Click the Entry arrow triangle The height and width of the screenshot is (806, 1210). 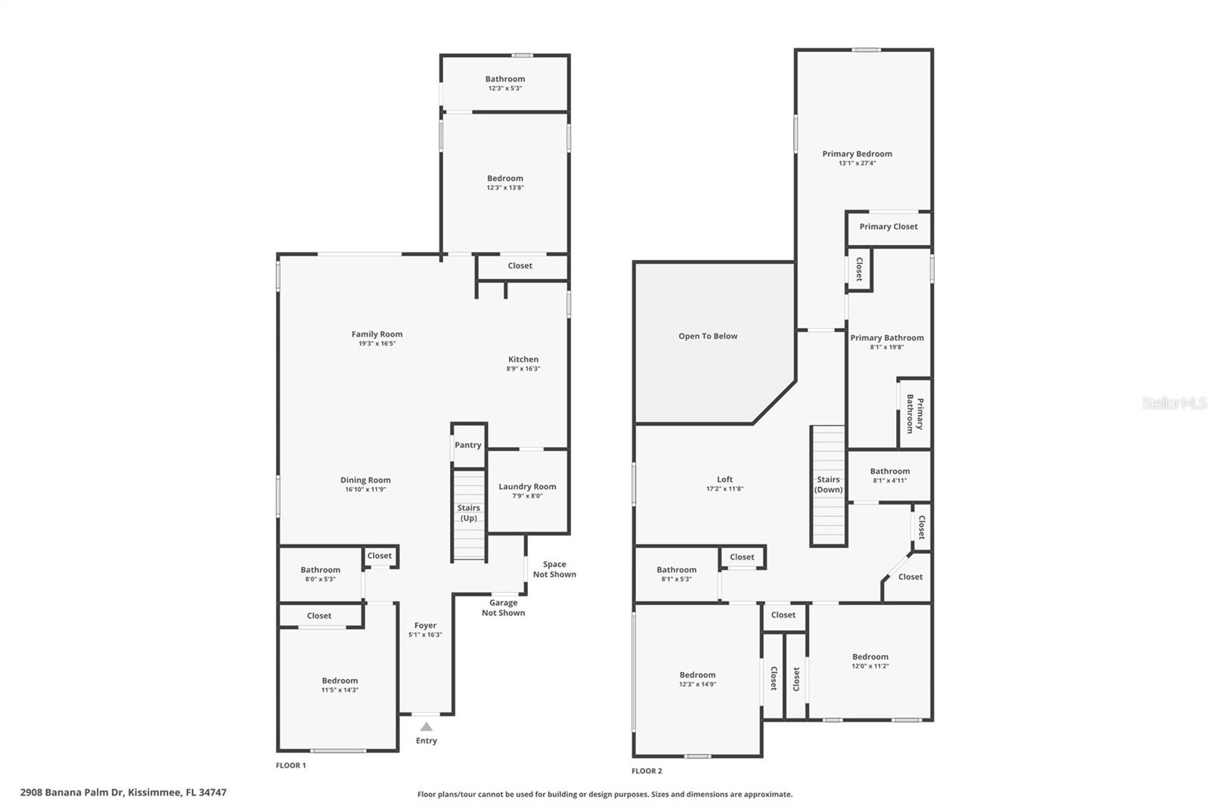(x=427, y=727)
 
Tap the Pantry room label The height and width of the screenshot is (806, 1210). (x=468, y=445)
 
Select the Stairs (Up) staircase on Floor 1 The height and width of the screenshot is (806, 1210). (x=469, y=515)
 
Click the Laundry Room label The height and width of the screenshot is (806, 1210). (x=527, y=487)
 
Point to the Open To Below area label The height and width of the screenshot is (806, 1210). (x=708, y=336)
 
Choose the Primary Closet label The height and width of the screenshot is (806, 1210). (x=889, y=227)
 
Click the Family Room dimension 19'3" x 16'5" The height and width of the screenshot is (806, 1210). (x=377, y=344)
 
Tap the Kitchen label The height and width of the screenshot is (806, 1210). (x=523, y=360)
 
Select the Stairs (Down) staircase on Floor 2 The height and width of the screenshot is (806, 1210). (x=828, y=485)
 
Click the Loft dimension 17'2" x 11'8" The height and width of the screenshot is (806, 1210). (x=724, y=489)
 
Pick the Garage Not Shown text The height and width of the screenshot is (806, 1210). (x=503, y=608)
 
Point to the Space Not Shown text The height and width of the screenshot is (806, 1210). (x=554, y=569)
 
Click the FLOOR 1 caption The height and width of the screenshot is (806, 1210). (x=291, y=766)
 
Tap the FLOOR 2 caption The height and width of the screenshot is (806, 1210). (x=647, y=771)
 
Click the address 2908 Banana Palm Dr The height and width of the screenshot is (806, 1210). (x=123, y=793)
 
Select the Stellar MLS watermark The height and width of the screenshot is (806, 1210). (x=1174, y=404)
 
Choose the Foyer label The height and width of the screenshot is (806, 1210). (x=425, y=626)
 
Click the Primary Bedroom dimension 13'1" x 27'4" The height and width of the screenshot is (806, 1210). (x=857, y=163)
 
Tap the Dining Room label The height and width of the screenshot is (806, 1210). (x=365, y=480)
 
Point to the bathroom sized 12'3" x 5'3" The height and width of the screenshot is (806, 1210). (x=505, y=83)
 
